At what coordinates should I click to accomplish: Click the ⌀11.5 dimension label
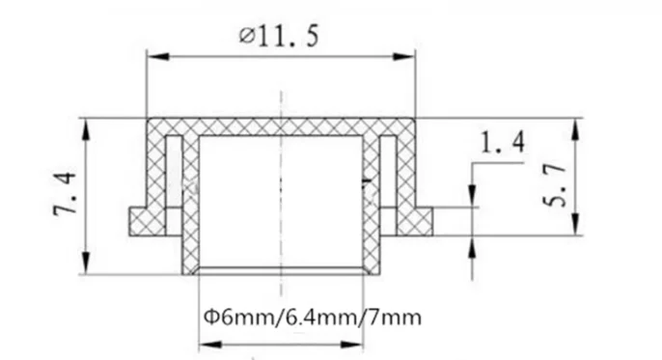279,36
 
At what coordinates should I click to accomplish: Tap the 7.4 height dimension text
65,193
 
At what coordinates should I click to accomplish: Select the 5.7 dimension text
554,185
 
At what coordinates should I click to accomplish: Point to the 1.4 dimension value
503,142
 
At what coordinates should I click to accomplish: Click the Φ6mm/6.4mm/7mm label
313,317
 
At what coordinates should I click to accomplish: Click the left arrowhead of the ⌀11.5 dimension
158,57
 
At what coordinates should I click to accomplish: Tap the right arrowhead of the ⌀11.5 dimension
403,57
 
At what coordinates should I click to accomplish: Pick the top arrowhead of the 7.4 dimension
86,130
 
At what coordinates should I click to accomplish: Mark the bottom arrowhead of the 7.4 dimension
86,263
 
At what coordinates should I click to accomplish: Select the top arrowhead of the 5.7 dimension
575,130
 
